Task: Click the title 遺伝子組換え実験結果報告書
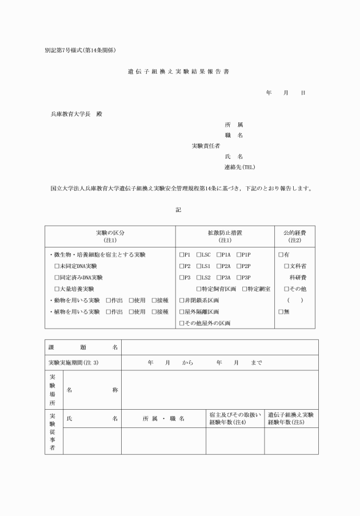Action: (x=179, y=72)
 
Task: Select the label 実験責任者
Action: (x=206, y=146)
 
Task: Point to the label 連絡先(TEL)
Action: (x=239, y=167)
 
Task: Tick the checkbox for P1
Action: (x=181, y=254)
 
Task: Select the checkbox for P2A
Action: (x=219, y=266)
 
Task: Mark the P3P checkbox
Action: (x=238, y=277)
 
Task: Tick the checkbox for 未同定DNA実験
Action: (x=57, y=266)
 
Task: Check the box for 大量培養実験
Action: (x=57, y=289)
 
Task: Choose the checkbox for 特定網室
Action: (x=244, y=289)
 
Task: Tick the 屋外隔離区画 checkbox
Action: (x=181, y=311)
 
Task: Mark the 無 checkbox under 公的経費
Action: (x=281, y=311)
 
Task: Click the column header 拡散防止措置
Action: (x=225, y=233)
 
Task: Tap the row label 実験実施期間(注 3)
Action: (x=74, y=363)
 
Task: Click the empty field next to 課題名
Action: (x=219, y=347)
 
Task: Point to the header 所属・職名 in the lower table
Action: (x=163, y=419)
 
